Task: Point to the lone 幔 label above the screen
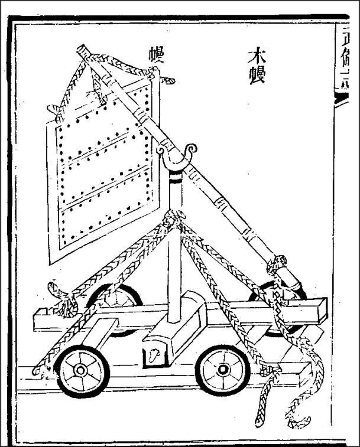(157, 57)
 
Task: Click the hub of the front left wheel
(79, 370)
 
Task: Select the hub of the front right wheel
(222, 370)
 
